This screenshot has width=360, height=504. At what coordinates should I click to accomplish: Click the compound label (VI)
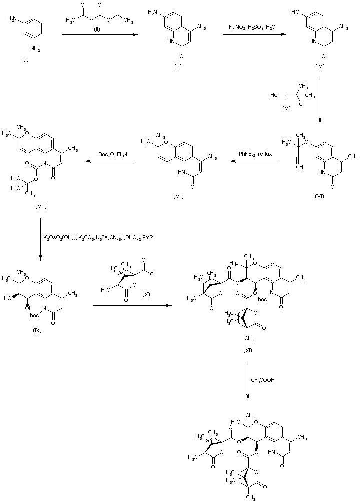[x=319, y=196]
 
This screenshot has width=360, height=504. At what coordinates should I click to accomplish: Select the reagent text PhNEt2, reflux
[x=255, y=154]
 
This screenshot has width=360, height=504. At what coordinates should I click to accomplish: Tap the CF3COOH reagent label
[x=263, y=380]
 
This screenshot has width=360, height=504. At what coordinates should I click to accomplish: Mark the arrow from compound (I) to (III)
[x=100, y=34]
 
